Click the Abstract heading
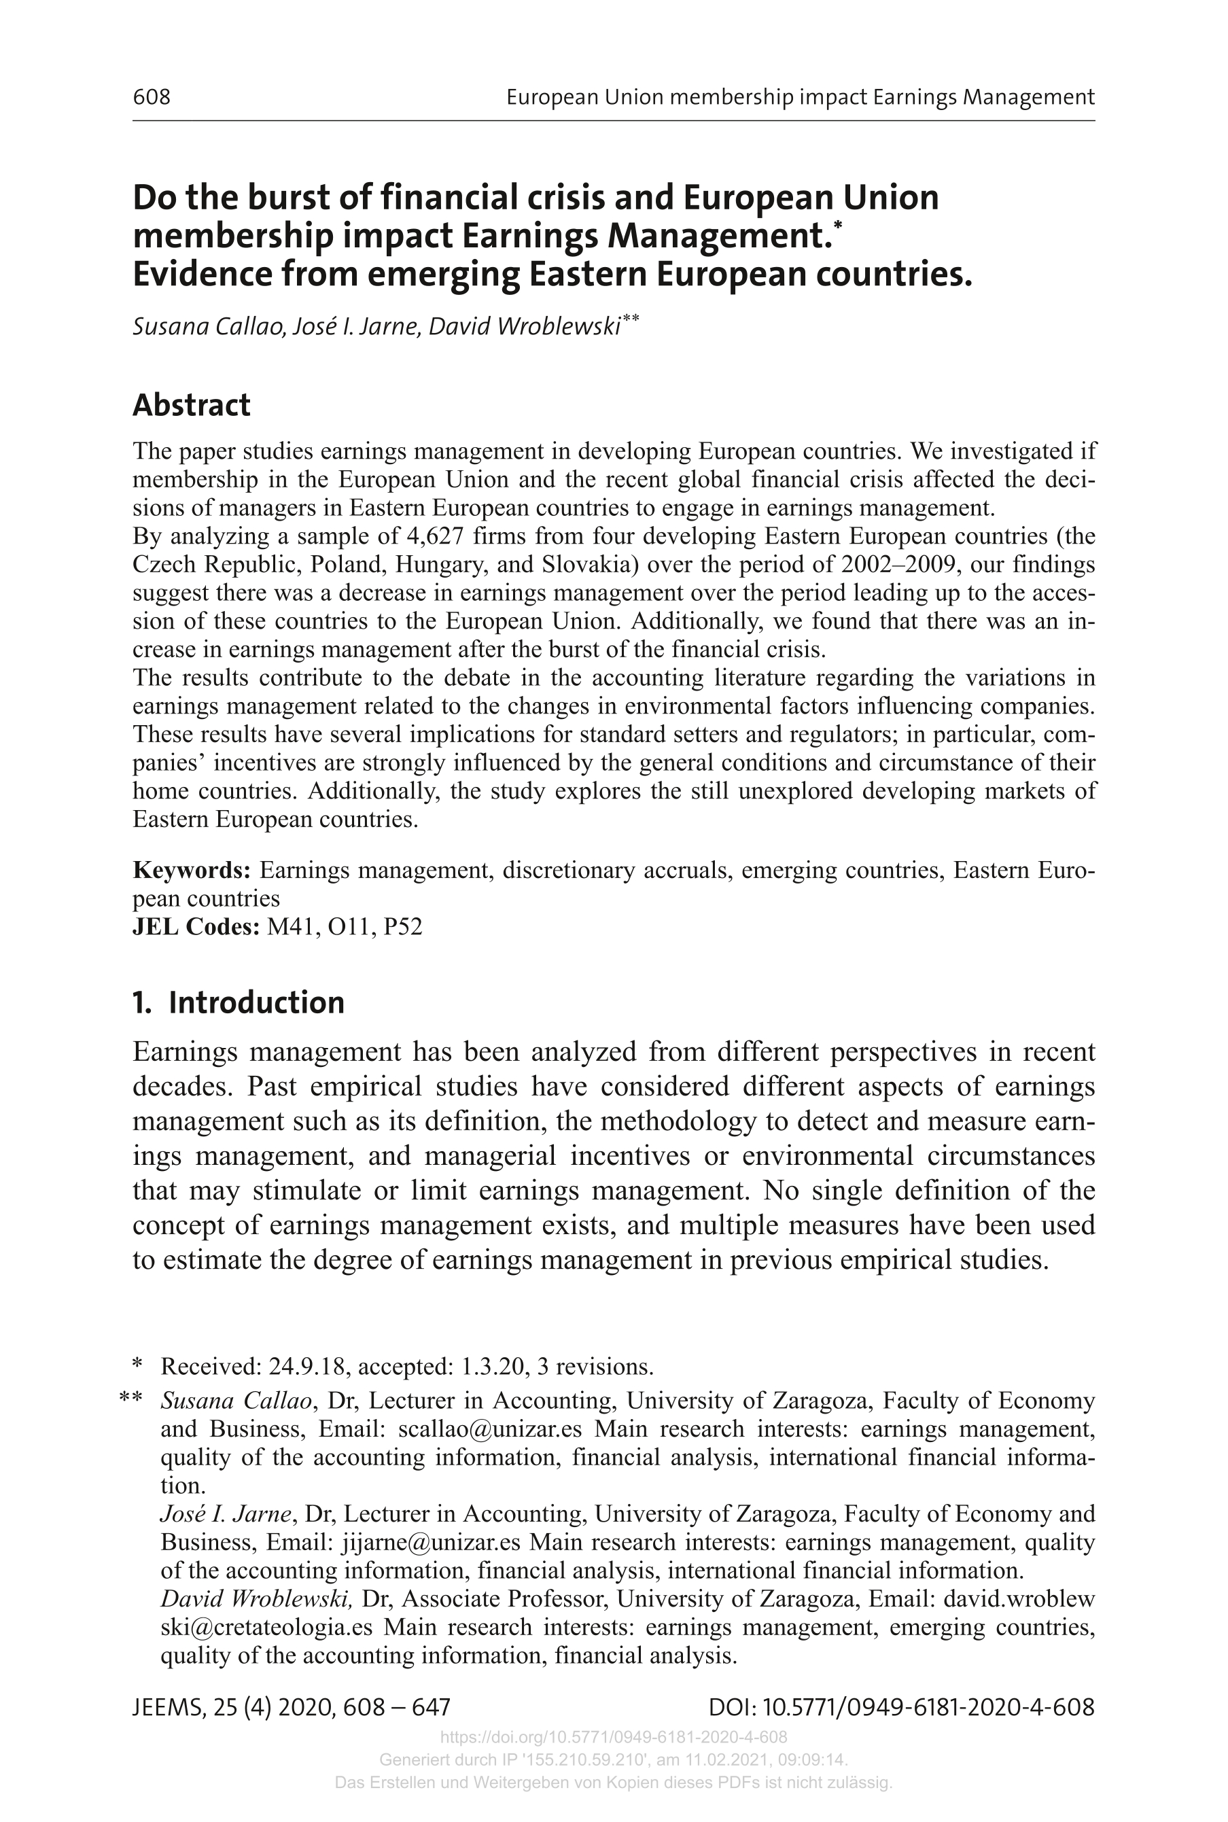tap(191, 406)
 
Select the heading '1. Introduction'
tap(238, 1003)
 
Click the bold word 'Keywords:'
tap(192, 871)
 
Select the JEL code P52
tap(402, 928)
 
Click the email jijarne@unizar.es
tap(431, 1543)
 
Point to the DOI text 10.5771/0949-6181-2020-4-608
tap(928, 1708)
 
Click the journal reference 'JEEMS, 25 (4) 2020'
tap(235, 1708)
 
